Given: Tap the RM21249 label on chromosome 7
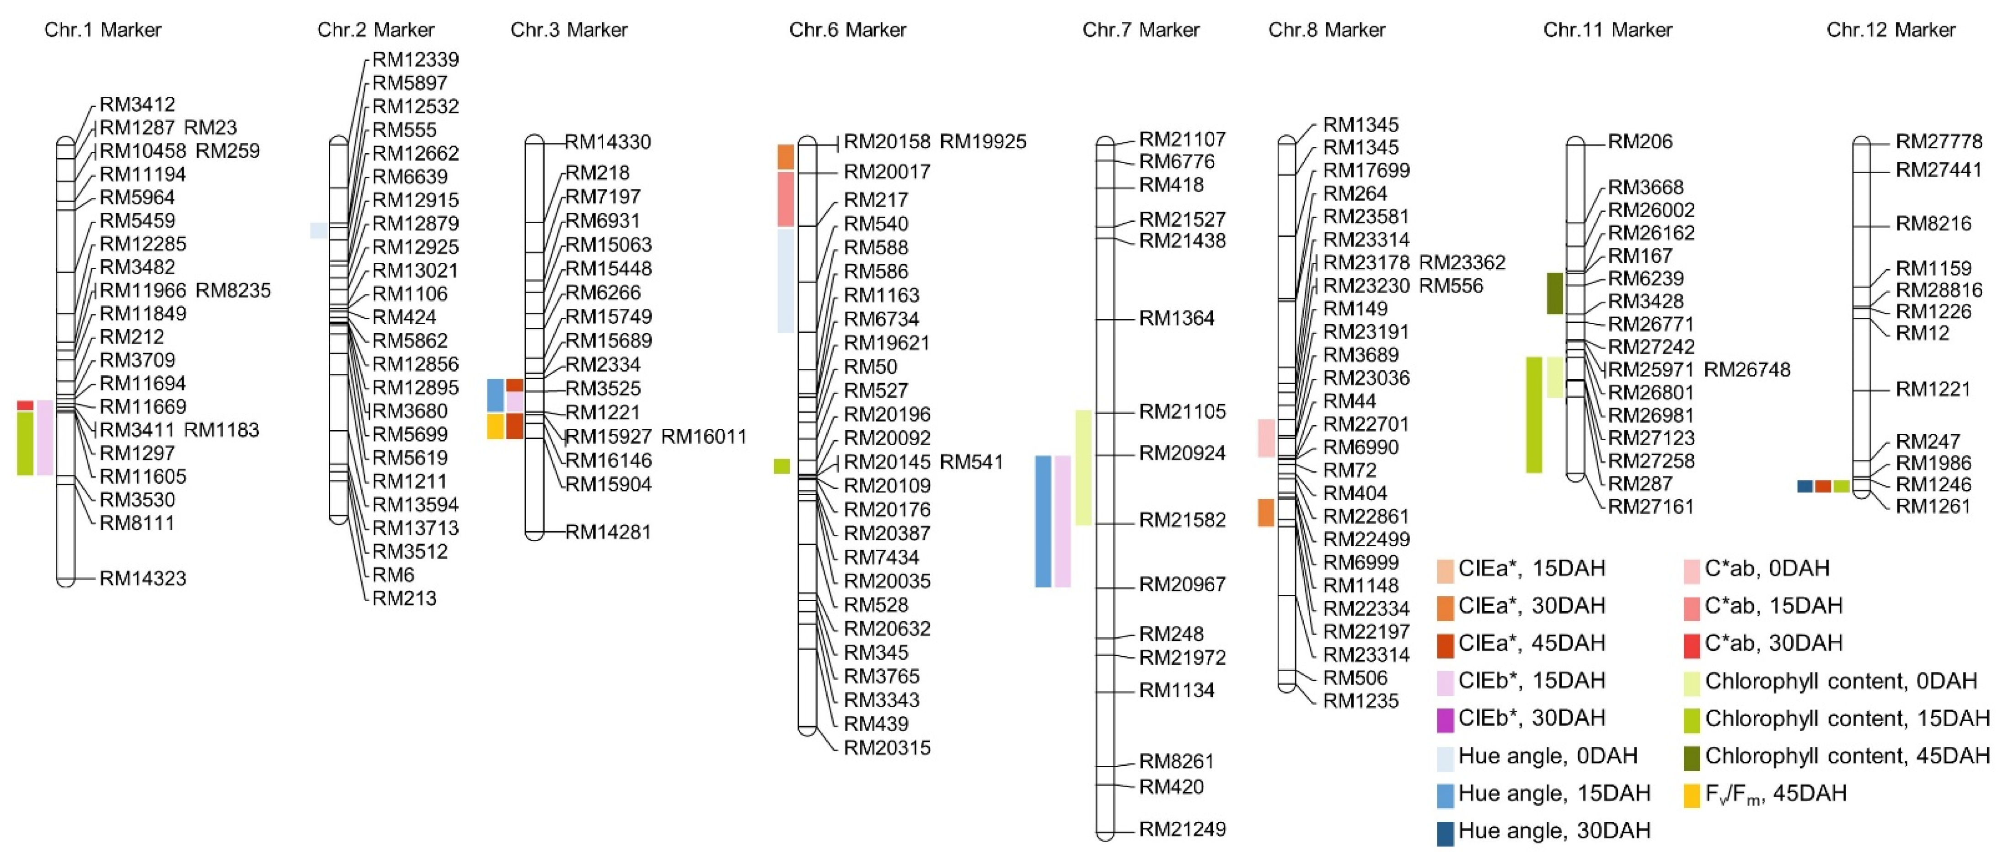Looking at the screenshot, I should (1182, 829).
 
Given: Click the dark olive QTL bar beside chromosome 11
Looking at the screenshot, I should (1554, 293).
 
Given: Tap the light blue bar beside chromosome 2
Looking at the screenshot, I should (318, 230).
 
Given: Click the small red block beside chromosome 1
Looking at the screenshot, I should (25, 405).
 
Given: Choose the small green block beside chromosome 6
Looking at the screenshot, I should (782, 466).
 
